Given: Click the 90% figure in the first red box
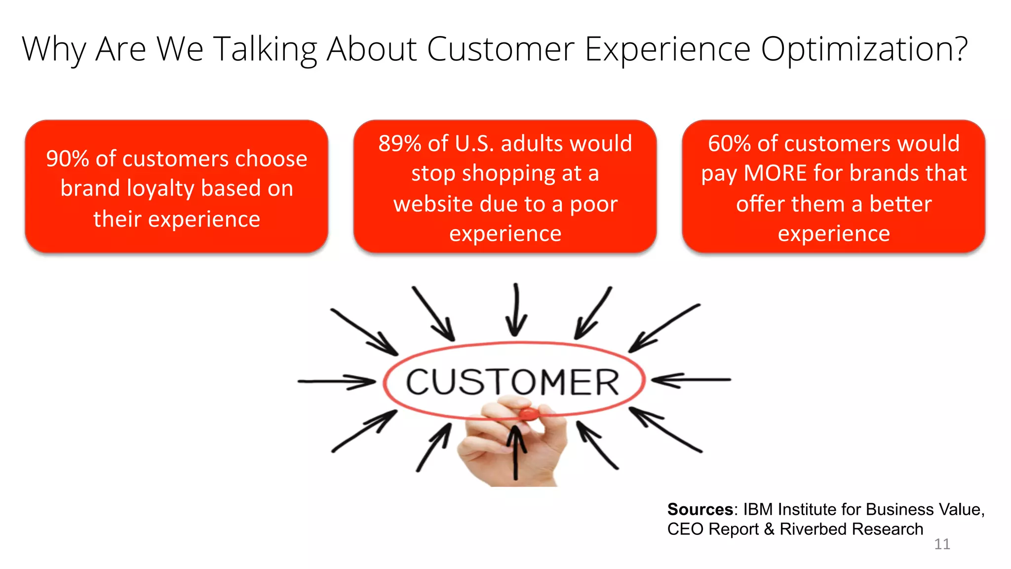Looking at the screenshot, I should click(67, 159).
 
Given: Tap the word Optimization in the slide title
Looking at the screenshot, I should click(864, 49).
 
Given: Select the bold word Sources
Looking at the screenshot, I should click(700, 509).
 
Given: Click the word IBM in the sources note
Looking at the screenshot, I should click(759, 509).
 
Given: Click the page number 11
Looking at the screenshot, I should click(942, 544).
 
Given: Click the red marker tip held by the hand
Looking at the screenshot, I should click(529, 413).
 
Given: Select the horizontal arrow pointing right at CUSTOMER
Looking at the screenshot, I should click(337, 381).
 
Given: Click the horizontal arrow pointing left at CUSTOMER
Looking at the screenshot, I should click(691, 380).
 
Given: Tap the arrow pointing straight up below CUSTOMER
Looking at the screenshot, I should click(516, 452).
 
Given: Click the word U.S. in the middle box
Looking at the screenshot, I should click(474, 144).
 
